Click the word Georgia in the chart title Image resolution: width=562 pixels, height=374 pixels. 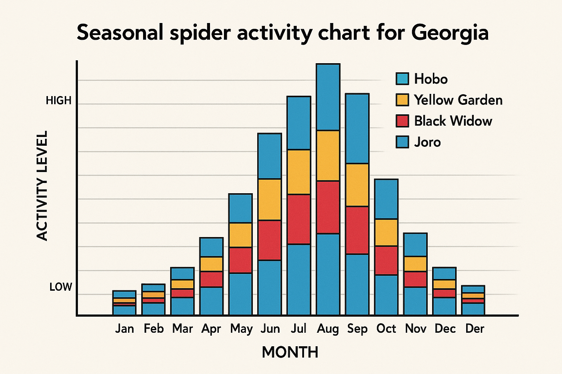tap(450, 33)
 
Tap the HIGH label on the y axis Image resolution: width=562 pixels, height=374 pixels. tap(59, 100)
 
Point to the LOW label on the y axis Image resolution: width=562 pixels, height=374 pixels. tap(61, 287)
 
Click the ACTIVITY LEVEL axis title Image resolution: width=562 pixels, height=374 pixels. tap(42, 186)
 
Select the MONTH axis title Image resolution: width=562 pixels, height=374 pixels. tap(290, 352)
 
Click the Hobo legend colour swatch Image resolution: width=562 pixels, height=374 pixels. tap(402, 79)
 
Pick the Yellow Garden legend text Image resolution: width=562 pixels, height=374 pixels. tap(458, 100)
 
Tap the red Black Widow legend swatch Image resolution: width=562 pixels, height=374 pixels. tap(402, 121)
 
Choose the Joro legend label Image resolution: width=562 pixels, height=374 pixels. tap(427, 142)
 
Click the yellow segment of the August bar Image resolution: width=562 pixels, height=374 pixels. tap(328, 156)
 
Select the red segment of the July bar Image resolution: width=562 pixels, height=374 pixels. tap(299, 219)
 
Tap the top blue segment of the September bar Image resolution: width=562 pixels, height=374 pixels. tap(357, 129)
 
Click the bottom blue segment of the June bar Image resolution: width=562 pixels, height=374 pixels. tap(270, 287)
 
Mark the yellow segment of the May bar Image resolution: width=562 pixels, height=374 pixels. tap(240, 235)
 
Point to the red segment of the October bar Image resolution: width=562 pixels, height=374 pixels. tap(386, 260)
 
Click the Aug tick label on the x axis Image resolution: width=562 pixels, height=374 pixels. tap(328, 329)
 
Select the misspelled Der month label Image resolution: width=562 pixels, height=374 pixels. tap(475, 329)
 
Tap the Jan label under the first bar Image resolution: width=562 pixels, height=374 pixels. tap(124, 329)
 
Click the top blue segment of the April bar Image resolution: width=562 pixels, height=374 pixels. tap(211, 247)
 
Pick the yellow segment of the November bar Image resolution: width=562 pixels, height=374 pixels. tap(415, 264)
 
